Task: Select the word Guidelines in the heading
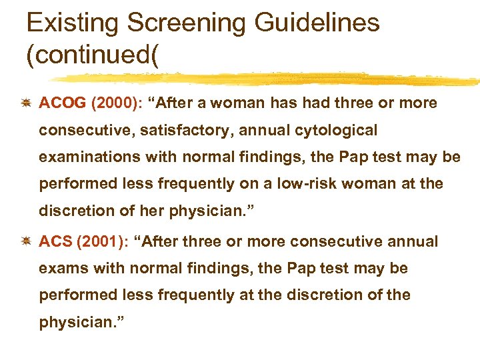point(318,23)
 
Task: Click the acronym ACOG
point(63,103)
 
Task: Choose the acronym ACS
point(56,241)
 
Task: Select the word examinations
point(82,157)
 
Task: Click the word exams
point(59,269)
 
